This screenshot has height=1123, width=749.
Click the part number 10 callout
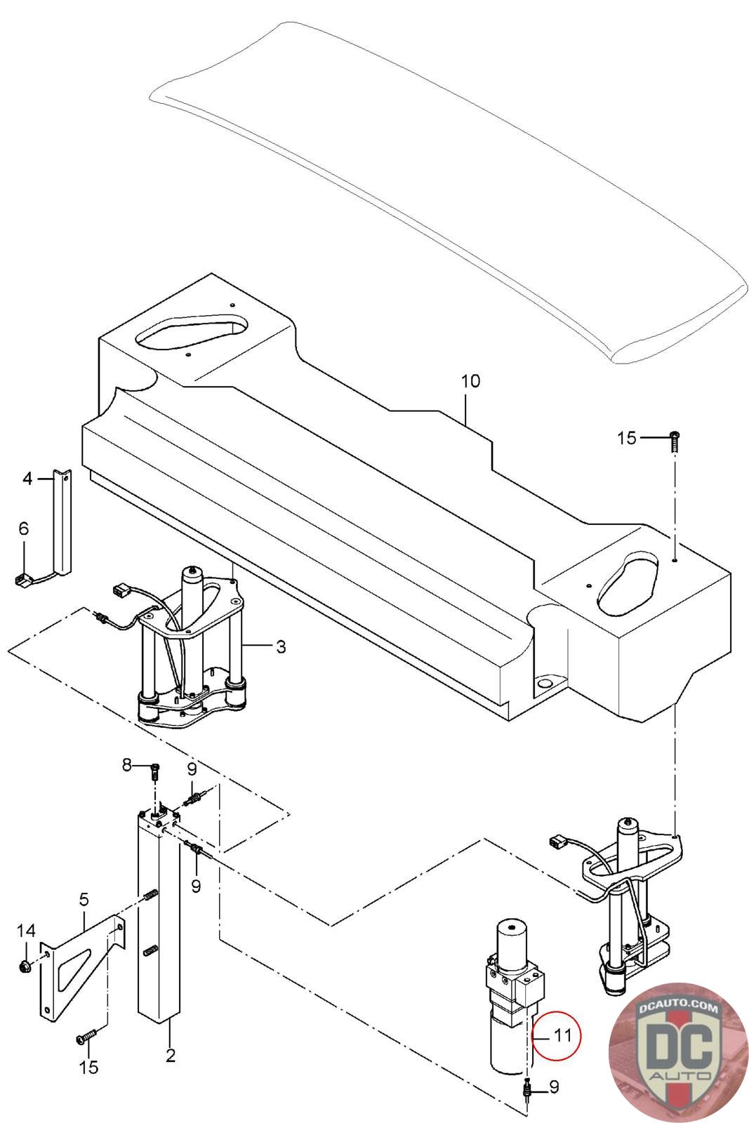point(470,381)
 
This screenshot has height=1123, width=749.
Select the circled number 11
point(562,1035)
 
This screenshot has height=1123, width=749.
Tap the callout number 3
point(281,646)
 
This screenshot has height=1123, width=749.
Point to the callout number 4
point(27,479)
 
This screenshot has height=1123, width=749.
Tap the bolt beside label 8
point(154,771)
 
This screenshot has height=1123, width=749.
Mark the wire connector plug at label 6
point(20,580)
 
